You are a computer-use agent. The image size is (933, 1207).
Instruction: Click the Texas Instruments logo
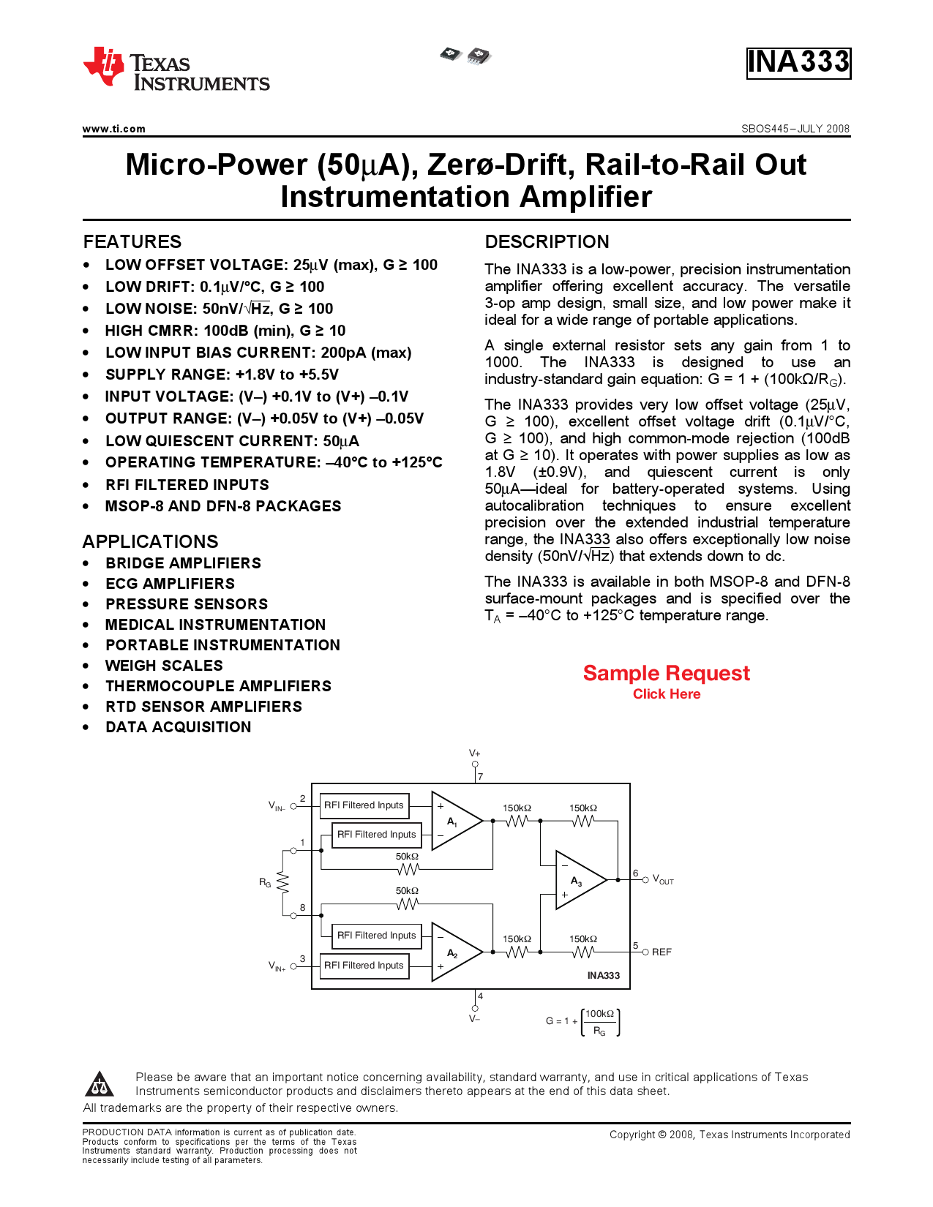click(x=176, y=68)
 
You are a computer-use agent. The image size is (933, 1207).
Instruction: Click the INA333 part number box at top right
click(x=798, y=64)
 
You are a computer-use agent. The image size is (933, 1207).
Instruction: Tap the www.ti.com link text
click(x=114, y=129)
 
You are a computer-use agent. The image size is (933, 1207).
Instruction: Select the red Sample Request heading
click(x=666, y=673)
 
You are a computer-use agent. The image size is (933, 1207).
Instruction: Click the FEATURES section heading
click(x=132, y=241)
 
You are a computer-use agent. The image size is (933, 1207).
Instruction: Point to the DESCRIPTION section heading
click(x=547, y=241)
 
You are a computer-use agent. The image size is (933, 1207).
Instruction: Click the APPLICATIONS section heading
click(x=150, y=541)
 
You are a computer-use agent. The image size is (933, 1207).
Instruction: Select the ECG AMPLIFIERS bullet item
click(x=170, y=584)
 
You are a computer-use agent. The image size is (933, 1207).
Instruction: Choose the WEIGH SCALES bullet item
click(x=164, y=666)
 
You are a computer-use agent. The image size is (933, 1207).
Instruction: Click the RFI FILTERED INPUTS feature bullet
click(x=187, y=485)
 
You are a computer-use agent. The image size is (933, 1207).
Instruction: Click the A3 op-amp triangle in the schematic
click(x=581, y=880)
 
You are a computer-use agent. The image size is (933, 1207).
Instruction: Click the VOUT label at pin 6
click(x=663, y=880)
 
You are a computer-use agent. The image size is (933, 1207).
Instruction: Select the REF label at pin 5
click(x=662, y=952)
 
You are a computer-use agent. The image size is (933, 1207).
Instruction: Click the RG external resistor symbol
click(x=283, y=882)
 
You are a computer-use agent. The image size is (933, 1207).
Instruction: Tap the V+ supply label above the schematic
click(x=474, y=753)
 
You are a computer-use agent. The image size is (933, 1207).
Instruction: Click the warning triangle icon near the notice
click(x=100, y=1083)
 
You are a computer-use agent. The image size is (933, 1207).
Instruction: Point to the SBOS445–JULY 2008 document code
click(x=795, y=129)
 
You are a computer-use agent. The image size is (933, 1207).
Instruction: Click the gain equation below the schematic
click(x=583, y=1022)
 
